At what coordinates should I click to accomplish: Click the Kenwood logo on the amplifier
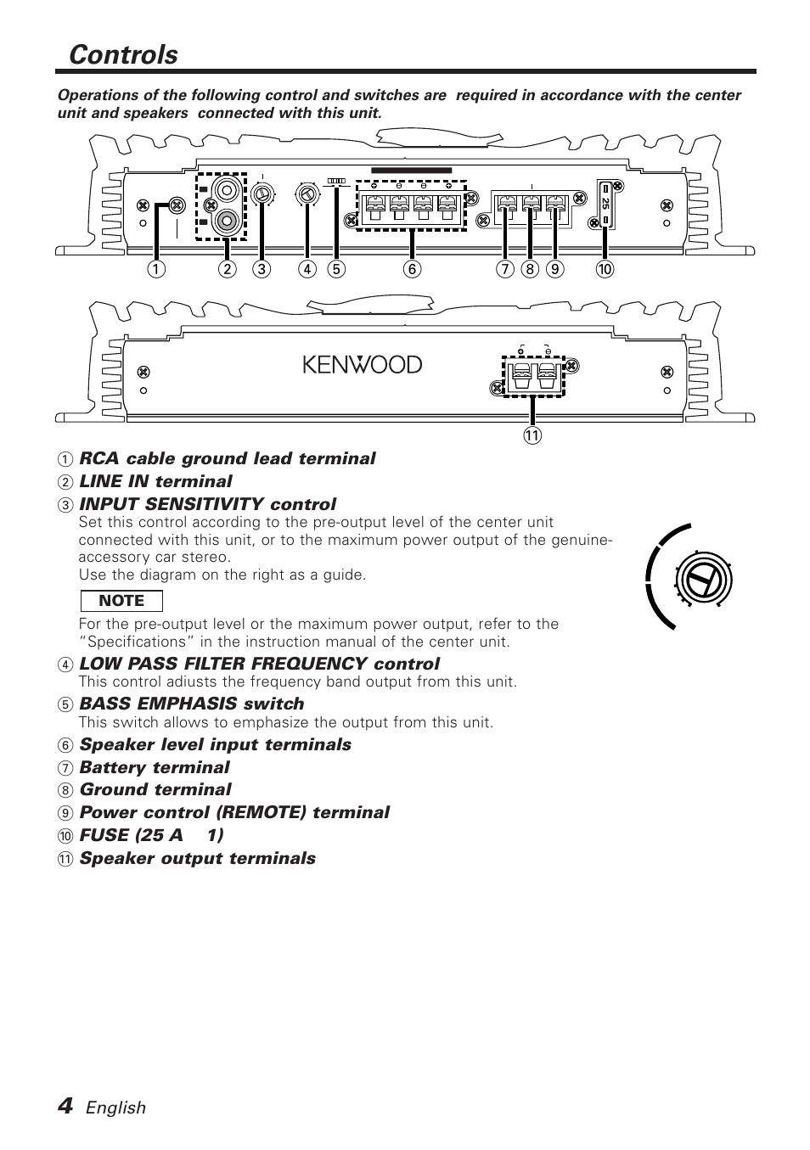point(363,365)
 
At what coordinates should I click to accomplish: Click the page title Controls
point(124,54)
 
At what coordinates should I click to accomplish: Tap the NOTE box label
point(121,601)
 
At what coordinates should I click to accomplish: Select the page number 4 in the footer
point(65,1105)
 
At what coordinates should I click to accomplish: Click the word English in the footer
point(115,1108)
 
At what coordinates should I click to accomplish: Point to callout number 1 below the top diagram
point(155,270)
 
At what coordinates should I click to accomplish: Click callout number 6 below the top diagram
point(412,270)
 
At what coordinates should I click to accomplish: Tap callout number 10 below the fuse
point(605,270)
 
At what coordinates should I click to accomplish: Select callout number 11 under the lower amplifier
point(532,436)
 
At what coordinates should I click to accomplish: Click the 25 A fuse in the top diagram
point(605,204)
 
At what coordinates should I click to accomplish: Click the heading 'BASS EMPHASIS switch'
point(191,704)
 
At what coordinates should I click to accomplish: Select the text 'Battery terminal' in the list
point(155,767)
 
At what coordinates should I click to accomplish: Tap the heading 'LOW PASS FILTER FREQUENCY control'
point(259,664)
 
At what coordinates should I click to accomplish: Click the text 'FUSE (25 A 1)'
point(151,835)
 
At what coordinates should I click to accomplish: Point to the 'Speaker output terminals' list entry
point(197,858)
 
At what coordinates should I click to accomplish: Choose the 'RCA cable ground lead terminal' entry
point(227,458)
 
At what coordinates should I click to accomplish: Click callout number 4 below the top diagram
point(307,270)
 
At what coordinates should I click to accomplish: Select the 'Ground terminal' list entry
point(155,789)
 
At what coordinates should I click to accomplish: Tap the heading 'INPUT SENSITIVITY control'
point(207,504)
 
